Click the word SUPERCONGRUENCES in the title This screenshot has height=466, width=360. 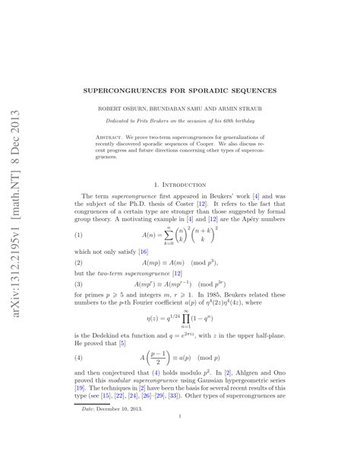tap(139, 90)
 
